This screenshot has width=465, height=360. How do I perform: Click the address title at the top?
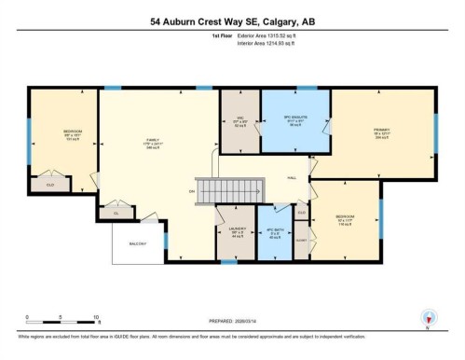(x=232, y=21)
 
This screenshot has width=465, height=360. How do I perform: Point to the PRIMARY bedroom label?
(x=381, y=131)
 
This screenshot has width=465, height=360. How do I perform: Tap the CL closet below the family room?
(x=116, y=214)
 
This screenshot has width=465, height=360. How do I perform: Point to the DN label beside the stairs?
(x=191, y=191)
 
